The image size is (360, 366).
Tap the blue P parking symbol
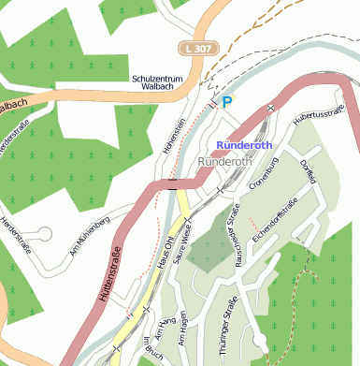tap(227, 104)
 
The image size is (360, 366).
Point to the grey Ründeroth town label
tap(224, 162)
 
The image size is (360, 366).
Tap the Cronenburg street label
tap(266, 173)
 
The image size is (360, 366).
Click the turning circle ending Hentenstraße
tap(43, 234)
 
